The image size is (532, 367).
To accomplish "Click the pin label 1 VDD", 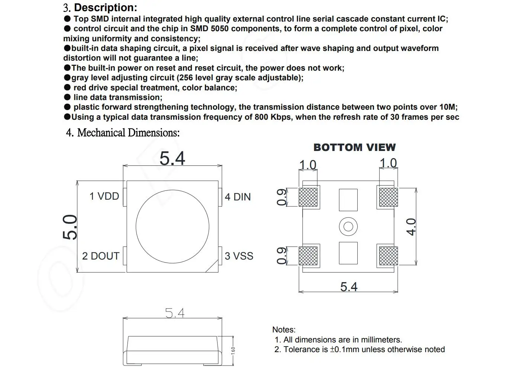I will (104, 196).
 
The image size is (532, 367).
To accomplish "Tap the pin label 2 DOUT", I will (100, 256).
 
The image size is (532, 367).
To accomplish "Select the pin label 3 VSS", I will (239, 256).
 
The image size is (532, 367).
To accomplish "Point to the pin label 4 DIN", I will (238, 197).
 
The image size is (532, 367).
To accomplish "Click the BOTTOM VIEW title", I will (354, 148).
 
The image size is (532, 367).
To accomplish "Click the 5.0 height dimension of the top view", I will (70, 227).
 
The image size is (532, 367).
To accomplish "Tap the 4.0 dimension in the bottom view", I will (410, 227).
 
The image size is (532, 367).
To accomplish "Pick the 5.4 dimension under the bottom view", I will (349, 287).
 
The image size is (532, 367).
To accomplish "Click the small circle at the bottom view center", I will (348, 226).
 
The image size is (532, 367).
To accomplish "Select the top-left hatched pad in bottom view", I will (308, 197).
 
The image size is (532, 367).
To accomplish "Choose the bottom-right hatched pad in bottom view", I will (388, 256).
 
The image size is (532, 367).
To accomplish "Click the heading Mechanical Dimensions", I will (128, 133).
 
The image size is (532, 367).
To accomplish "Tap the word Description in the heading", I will (106, 7).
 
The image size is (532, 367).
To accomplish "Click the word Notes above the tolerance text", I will (284, 330).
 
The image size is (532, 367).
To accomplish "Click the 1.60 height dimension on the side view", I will (233, 351).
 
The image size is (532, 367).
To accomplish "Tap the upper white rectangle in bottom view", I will (348, 200).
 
